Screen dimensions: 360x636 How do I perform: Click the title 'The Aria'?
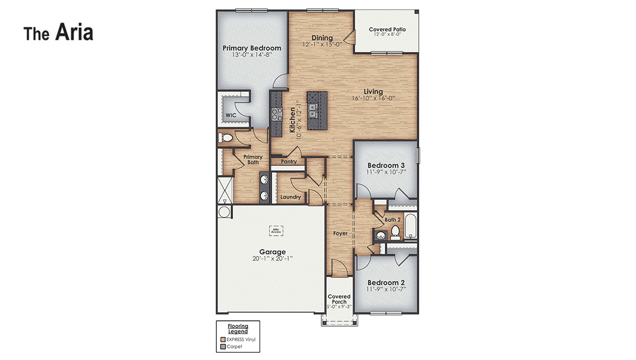click(x=58, y=33)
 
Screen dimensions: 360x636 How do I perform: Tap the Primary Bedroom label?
click(x=252, y=48)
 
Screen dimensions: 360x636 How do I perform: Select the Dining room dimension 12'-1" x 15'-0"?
click(x=322, y=44)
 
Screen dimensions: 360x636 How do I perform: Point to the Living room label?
click(x=373, y=92)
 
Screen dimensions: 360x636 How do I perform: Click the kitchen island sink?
click(x=312, y=111)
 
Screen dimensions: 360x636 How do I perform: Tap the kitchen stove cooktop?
click(x=276, y=114)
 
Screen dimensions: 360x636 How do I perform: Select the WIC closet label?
click(x=231, y=116)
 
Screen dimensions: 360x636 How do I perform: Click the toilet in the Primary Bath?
click(x=226, y=138)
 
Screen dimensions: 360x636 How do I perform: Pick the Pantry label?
click(x=289, y=162)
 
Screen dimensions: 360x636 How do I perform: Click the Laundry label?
click(x=290, y=197)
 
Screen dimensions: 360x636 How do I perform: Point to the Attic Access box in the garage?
click(x=276, y=231)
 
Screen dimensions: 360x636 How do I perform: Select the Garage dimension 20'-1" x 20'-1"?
click(x=272, y=259)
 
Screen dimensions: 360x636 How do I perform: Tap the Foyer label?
click(x=341, y=233)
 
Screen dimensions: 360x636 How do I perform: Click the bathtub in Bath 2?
click(x=410, y=228)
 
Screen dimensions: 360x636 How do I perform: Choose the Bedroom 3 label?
click(x=387, y=165)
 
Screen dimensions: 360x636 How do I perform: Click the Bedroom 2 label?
click(x=387, y=281)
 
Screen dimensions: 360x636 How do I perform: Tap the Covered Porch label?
click(x=339, y=299)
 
